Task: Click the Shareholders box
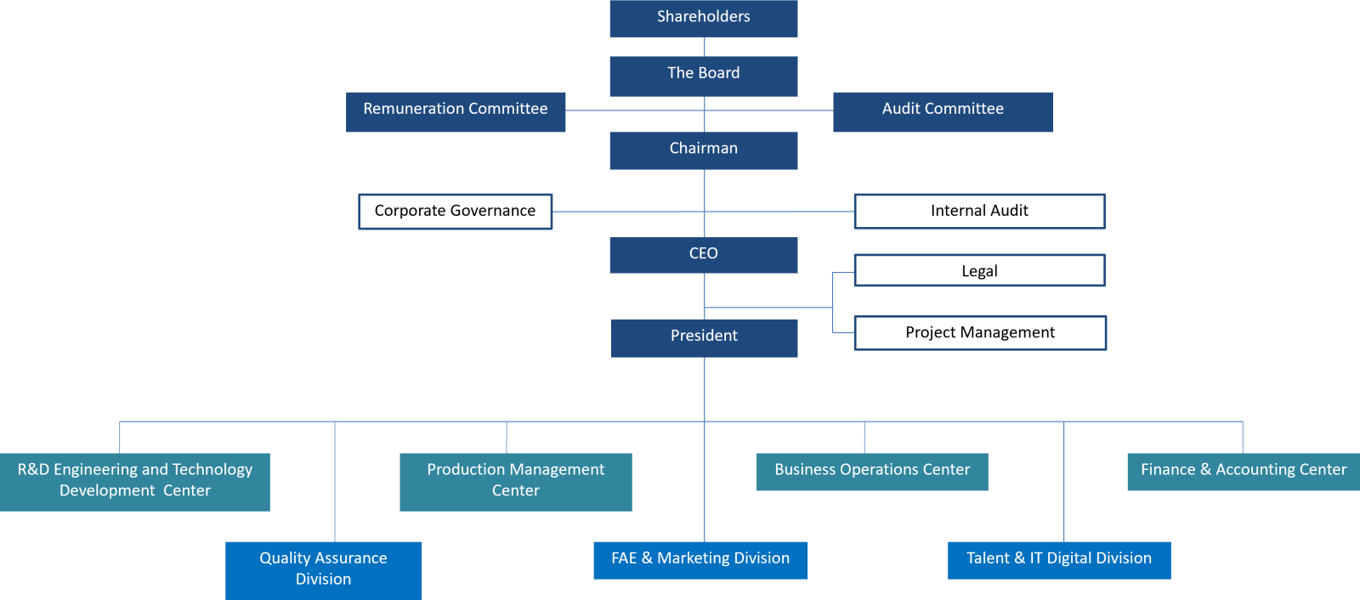click(x=703, y=18)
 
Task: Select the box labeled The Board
click(x=703, y=75)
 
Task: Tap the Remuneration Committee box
click(x=456, y=111)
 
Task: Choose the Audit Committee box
click(x=943, y=111)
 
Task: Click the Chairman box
click(x=703, y=150)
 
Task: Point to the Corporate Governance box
click(x=455, y=212)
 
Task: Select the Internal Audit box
click(x=979, y=212)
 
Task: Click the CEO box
click(x=703, y=254)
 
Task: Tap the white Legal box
click(x=979, y=271)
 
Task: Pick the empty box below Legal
click(x=980, y=333)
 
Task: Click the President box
click(x=704, y=337)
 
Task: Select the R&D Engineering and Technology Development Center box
click(x=135, y=481)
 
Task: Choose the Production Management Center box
click(x=515, y=481)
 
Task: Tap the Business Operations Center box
click(x=872, y=471)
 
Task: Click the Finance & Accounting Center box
click(x=1244, y=471)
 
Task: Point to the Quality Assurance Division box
click(x=323, y=569)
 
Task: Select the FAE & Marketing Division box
click(x=700, y=559)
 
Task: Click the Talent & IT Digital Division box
click(x=1059, y=559)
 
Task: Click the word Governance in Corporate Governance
click(x=494, y=212)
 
